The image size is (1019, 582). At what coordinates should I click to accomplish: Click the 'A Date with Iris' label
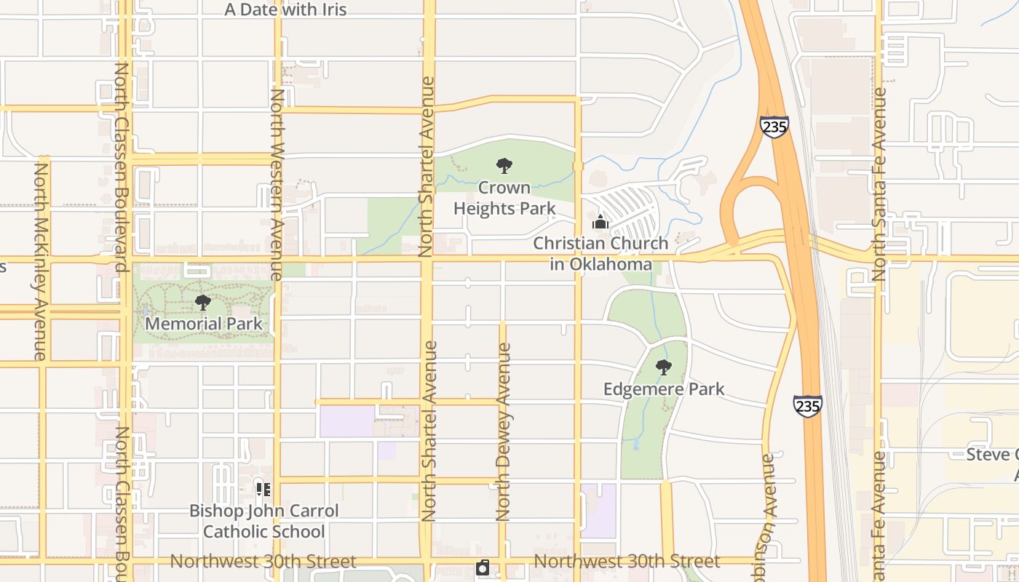pyautogui.click(x=285, y=9)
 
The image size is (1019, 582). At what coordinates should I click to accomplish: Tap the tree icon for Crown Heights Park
pyautogui.click(x=504, y=166)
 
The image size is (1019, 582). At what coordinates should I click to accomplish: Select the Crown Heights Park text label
pyautogui.click(x=504, y=198)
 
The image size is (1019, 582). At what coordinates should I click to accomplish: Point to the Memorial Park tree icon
pyautogui.click(x=203, y=302)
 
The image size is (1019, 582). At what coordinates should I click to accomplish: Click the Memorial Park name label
pyautogui.click(x=203, y=323)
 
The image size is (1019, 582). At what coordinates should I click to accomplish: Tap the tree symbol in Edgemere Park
pyautogui.click(x=663, y=367)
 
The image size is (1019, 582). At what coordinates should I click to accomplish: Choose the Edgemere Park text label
pyautogui.click(x=664, y=389)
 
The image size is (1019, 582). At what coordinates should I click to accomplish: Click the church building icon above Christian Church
pyautogui.click(x=600, y=221)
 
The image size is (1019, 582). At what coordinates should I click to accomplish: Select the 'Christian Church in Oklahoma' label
pyautogui.click(x=600, y=253)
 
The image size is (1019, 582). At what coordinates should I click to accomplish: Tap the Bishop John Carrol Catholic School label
pyautogui.click(x=264, y=521)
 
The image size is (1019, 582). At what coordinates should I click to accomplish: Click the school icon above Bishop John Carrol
pyautogui.click(x=263, y=490)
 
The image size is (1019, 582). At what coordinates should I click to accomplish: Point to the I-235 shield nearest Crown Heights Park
pyautogui.click(x=773, y=126)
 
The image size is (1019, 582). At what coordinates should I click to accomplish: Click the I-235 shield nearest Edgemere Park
pyautogui.click(x=808, y=406)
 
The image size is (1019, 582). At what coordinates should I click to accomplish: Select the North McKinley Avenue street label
pyautogui.click(x=41, y=260)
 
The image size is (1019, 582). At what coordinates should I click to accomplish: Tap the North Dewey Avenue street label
pyautogui.click(x=503, y=432)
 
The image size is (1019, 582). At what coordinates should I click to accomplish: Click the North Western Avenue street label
pyautogui.click(x=277, y=185)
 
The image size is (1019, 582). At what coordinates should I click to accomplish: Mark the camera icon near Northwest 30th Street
pyautogui.click(x=483, y=567)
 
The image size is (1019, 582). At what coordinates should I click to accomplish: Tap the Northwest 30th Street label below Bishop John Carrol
pyautogui.click(x=263, y=562)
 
